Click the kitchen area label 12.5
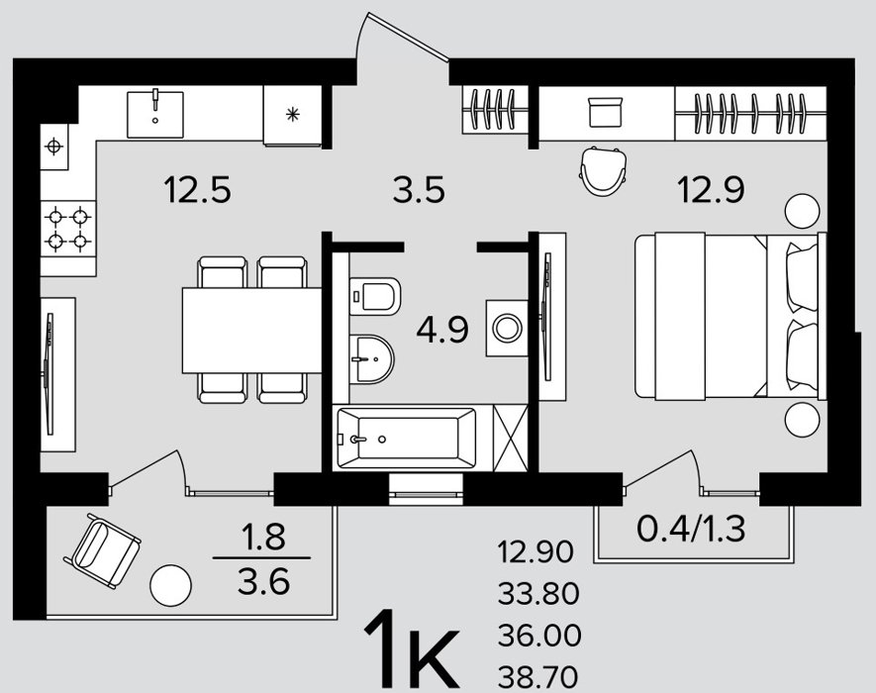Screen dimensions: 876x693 click(x=197, y=189)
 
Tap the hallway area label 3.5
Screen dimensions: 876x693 click(x=419, y=189)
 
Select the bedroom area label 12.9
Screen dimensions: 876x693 click(x=711, y=189)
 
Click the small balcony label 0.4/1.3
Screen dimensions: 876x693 click(x=691, y=528)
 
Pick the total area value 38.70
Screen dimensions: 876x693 click(x=538, y=677)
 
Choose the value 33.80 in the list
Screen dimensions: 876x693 click(x=538, y=594)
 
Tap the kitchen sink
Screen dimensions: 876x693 click(x=155, y=115)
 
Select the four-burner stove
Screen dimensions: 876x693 click(x=68, y=229)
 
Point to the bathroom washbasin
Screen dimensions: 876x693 click(x=371, y=359)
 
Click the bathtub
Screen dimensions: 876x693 click(x=407, y=438)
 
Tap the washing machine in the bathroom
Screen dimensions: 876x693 click(x=507, y=328)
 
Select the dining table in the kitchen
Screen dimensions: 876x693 click(x=251, y=330)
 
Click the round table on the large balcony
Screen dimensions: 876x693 click(x=171, y=585)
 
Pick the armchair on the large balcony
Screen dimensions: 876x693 click(x=102, y=550)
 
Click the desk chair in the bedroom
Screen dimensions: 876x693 click(x=602, y=170)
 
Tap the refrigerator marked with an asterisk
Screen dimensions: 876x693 click(x=292, y=115)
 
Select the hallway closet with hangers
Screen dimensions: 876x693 click(x=496, y=110)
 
